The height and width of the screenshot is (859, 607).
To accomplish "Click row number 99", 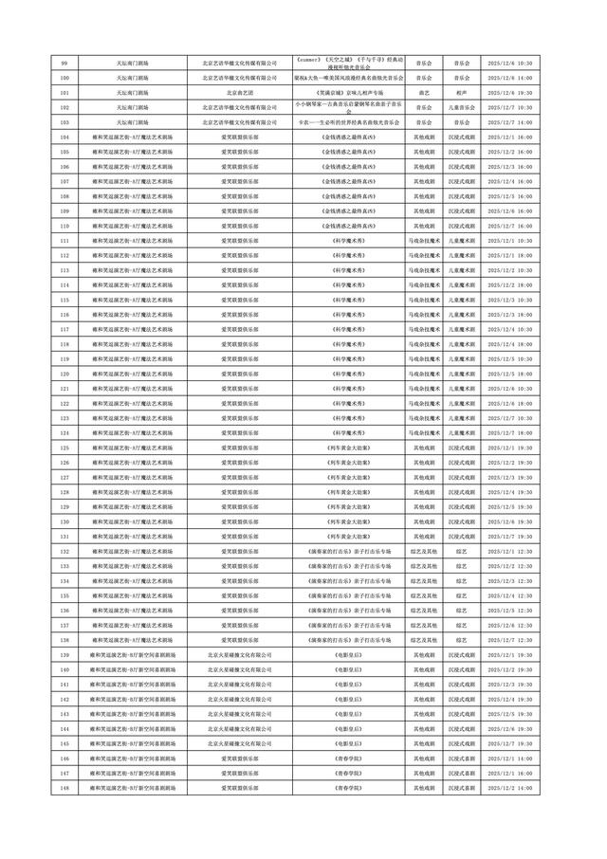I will [x=64, y=63].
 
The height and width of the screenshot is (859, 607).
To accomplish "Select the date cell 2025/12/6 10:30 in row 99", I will [x=509, y=63].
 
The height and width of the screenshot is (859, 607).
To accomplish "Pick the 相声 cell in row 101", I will [x=461, y=93].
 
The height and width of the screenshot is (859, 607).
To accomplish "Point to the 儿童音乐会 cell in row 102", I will [x=461, y=107].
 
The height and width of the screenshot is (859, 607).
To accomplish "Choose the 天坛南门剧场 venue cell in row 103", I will [x=132, y=122].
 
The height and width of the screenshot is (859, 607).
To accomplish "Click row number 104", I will [x=64, y=137].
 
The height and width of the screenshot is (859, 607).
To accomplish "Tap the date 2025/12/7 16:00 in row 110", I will [x=509, y=226].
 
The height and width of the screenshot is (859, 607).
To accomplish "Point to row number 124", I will [x=64, y=432].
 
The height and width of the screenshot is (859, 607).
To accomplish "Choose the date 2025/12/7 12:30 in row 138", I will [x=509, y=640].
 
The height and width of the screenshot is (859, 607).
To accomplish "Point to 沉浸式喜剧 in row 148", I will [x=461, y=788].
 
